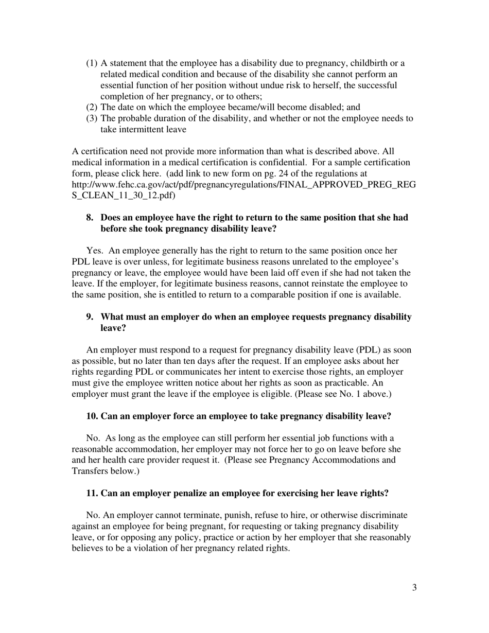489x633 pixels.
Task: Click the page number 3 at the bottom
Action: point(414,588)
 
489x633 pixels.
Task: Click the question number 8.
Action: point(90,218)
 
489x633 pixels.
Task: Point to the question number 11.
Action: point(92,494)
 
